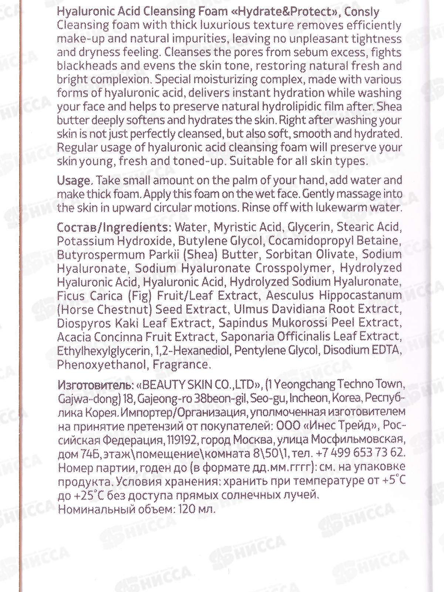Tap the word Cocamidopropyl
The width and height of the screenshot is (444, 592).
click(x=312, y=240)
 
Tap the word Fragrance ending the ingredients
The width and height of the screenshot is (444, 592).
click(x=182, y=364)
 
